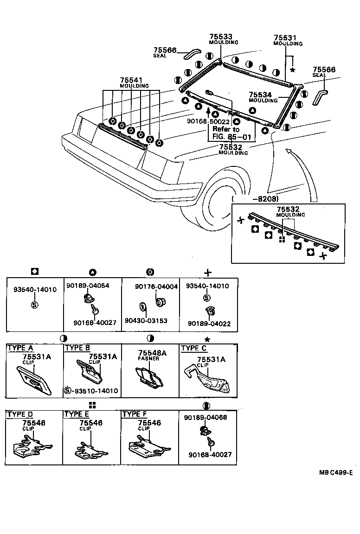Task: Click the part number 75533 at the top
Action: (x=220, y=37)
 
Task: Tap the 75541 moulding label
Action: (x=131, y=80)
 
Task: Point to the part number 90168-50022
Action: (x=208, y=121)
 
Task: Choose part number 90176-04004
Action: (x=156, y=287)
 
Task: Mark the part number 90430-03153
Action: (x=146, y=321)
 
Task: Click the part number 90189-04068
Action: (x=205, y=417)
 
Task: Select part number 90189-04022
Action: (x=208, y=324)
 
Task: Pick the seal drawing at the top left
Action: (x=191, y=54)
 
